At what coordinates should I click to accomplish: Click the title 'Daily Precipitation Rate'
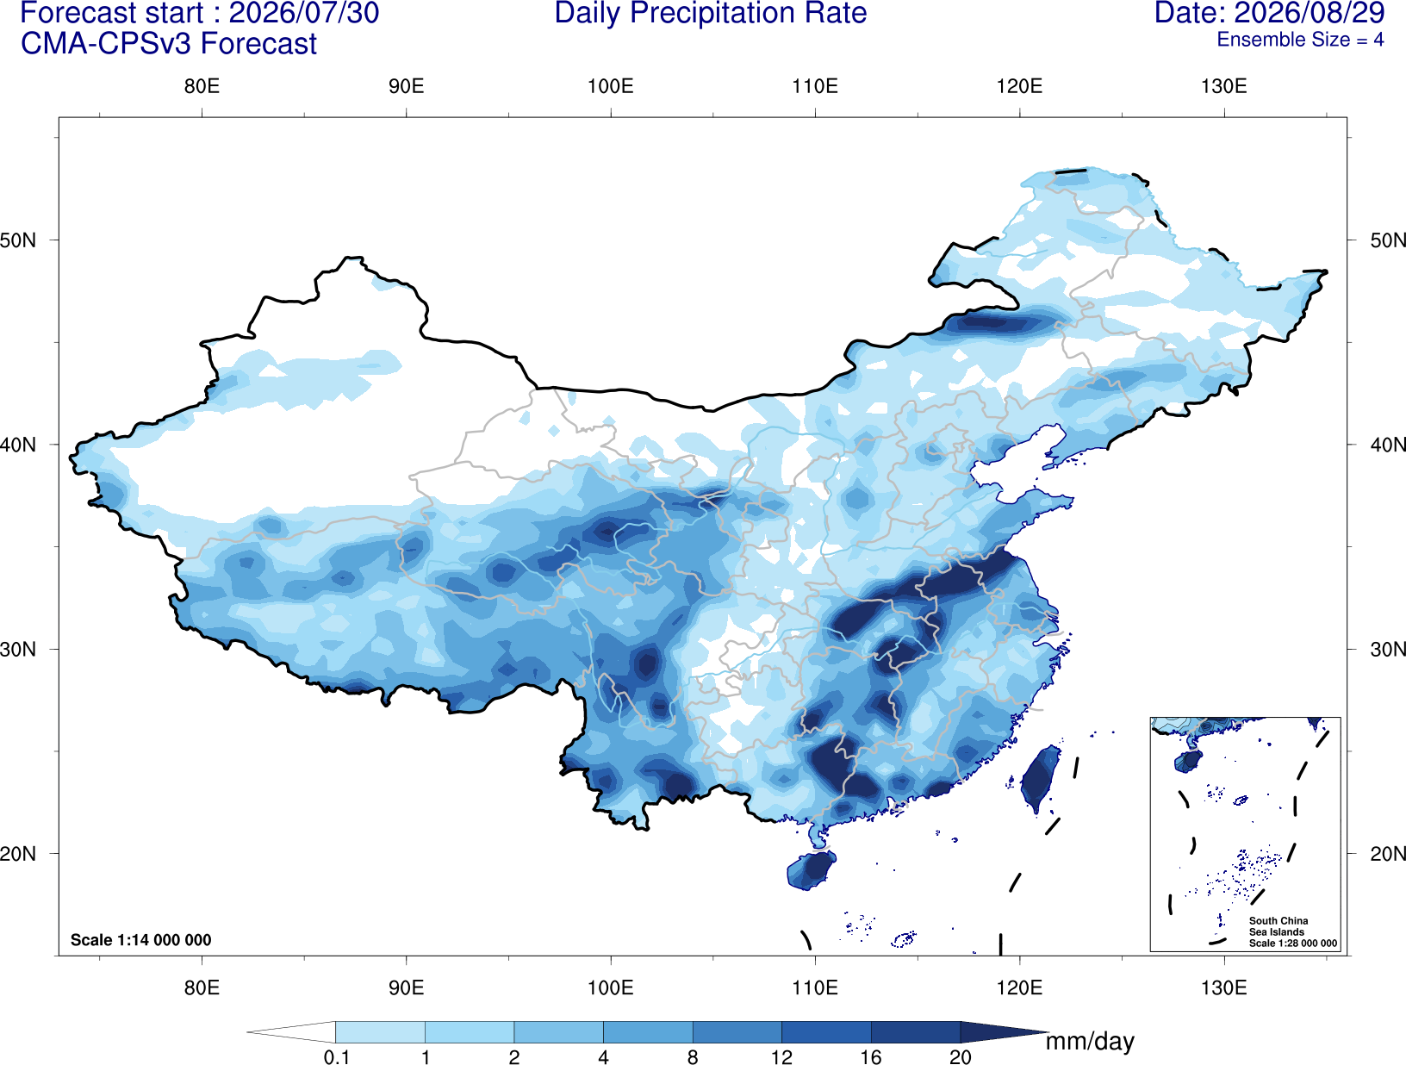point(711,13)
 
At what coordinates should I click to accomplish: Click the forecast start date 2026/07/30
point(303,13)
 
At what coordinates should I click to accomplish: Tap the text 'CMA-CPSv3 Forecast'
point(169,44)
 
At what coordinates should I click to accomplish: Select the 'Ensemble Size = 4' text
point(1300,40)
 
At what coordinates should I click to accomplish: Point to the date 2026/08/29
point(1310,13)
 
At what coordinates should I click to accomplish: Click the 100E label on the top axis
point(611,86)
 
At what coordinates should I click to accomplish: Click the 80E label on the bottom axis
point(202,987)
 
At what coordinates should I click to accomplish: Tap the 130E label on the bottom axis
point(1223,987)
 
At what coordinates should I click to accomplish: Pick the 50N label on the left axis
point(18,240)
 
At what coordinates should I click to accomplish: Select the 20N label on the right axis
point(1387,853)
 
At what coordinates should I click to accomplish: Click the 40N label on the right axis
point(1387,445)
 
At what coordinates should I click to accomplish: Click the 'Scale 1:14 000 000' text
point(140,939)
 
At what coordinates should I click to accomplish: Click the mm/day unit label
point(1090,1042)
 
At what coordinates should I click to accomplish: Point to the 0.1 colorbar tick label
point(336,1056)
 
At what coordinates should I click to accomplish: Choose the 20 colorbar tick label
point(961,1056)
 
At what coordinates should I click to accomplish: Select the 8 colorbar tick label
point(693,1056)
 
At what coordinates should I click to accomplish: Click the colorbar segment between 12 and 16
point(826,1031)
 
